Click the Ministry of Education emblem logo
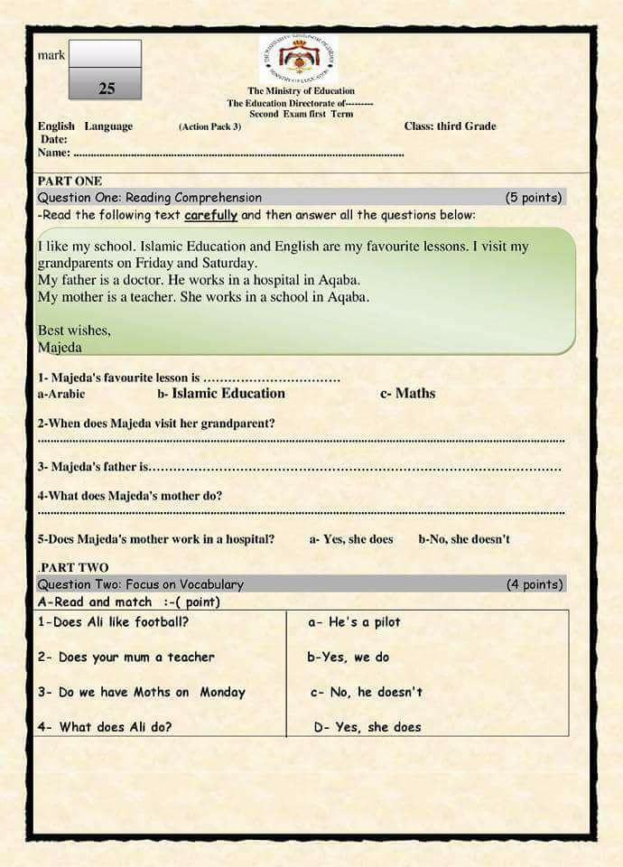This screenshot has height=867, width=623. pyautogui.click(x=298, y=59)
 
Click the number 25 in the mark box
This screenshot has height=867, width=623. pyautogui.click(x=107, y=88)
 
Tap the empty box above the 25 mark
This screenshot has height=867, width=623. pyautogui.click(x=105, y=53)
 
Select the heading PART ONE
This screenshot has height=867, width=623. pyautogui.click(x=70, y=182)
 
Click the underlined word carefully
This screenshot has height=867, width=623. pyautogui.click(x=211, y=215)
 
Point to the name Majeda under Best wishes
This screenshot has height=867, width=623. pyautogui.click(x=60, y=347)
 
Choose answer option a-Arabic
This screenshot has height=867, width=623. pyautogui.click(x=61, y=394)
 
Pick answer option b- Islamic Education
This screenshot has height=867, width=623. pyautogui.click(x=221, y=393)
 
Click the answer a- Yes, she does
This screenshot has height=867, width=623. pyautogui.click(x=351, y=539)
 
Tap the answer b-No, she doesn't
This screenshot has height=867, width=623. pyautogui.click(x=463, y=539)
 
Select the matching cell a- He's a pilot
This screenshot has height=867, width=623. pyautogui.click(x=354, y=622)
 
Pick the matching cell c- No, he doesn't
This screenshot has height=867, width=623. pyautogui.click(x=366, y=692)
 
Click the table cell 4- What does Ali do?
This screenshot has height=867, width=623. pyautogui.click(x=105, y=727)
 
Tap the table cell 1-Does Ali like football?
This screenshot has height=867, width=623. pyautogui.click(x=113, y=622)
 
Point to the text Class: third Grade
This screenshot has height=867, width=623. pyautogui.click(x=450, y=126)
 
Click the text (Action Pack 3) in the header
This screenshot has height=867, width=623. pyautogui.click(x=209, y=126)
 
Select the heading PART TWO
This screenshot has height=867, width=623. pyautogui.click(x=74, y=568)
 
